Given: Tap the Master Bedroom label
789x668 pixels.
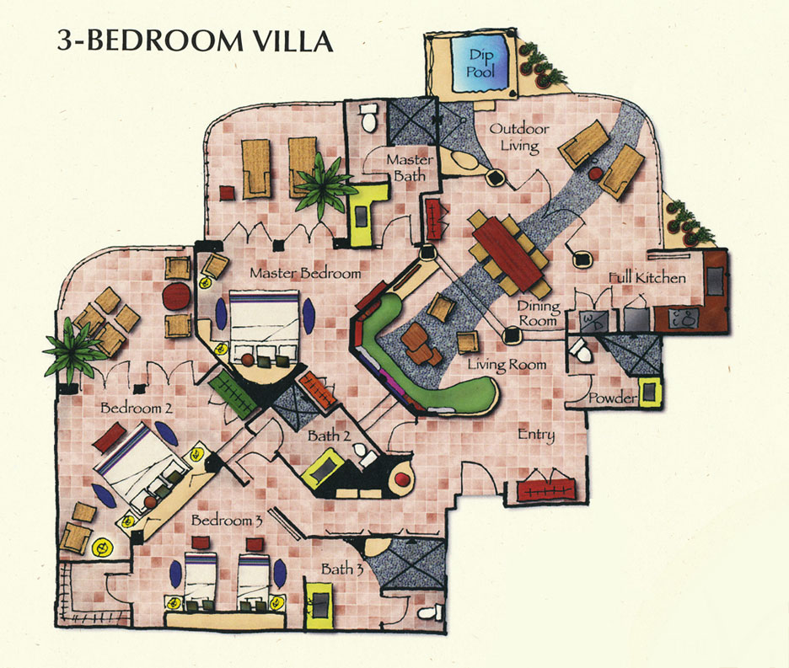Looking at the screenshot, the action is [305, 273].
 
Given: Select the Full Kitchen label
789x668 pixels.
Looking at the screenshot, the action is [647, 277].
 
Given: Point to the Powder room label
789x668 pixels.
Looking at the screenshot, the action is [612, 398].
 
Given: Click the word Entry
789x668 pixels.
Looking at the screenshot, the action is [536, 435].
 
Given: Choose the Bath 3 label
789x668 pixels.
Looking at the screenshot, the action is [342, 569].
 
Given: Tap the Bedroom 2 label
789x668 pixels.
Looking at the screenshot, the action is [137, 408].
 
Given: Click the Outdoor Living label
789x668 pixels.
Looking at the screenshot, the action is [519, 136].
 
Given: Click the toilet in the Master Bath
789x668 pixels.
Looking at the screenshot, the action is [369, 118].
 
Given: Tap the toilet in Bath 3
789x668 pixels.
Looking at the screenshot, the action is [430, 612].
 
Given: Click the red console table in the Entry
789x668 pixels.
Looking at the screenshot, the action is [546, 490].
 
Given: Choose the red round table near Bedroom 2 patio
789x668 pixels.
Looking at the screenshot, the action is [175, 297].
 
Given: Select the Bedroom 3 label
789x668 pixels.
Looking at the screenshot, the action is [227, 520].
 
